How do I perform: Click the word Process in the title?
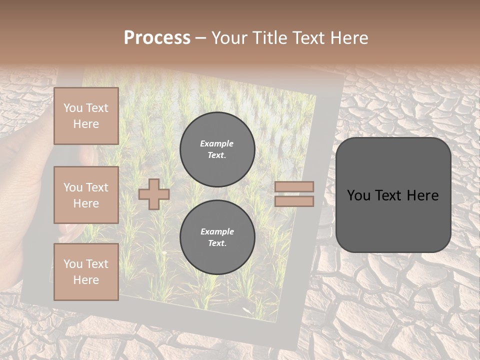coord(157,38)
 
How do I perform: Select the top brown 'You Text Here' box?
coord(86,116)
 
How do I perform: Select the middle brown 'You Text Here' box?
coord(86,195)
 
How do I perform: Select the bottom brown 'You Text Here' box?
coord(86,272)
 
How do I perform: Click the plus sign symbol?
coord(153,194)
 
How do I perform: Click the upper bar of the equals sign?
coord(294,186)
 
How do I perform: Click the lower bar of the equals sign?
coord(294,201)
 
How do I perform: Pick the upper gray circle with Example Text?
coord(217,149)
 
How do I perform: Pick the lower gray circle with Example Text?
coord(217,237)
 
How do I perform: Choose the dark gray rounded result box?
coord(393,195)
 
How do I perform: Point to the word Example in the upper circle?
coord(217,143)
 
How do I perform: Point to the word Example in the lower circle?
coord(217,231)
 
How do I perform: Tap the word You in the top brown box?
coord(73,108)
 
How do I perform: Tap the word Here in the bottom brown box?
coord(86,280)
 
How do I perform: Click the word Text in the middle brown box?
coord(96,187)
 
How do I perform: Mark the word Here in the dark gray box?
coord(423,195)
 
